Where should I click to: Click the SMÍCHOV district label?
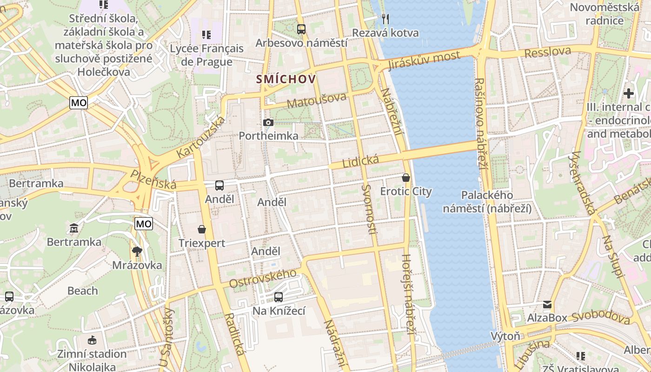[286, 79]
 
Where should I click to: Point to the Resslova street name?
[547, 52]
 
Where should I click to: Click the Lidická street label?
[360, 161]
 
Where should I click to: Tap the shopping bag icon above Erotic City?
[406, 178]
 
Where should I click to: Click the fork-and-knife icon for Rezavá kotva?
[385, 19]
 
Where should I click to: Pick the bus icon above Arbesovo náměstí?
[301, 29]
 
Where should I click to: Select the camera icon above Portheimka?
[268, 122]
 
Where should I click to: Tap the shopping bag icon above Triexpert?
[202, 229]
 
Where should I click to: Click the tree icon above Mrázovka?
[137, 252]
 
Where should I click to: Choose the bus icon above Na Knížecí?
[279, 297]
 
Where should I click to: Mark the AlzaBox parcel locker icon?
[547, 305]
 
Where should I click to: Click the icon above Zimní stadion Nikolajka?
[92, 340]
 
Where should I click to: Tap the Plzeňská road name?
[153, 179]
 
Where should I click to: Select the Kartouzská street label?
[201, 137]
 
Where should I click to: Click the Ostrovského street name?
[263, 278]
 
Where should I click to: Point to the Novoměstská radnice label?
[604, 14]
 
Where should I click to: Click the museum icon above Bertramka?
[74, 228]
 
